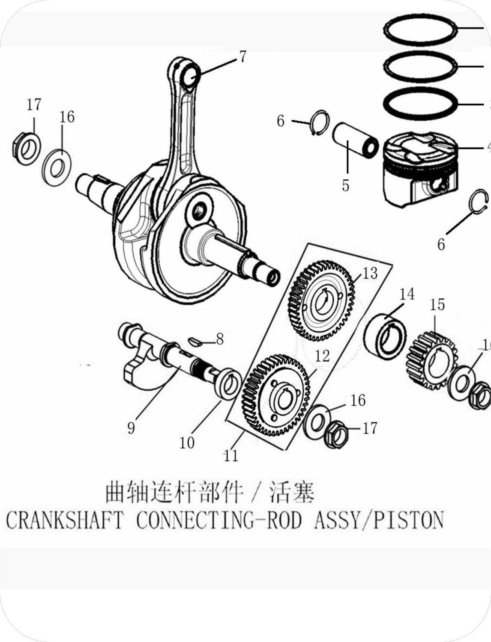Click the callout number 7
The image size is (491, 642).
pyautogui.click(x=243, y=56)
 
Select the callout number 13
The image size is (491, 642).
pyautogui.click(x=370, y=273)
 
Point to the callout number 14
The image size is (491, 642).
pyautogui.click(x=407, y=294)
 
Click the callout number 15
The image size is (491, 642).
pyautogui.click(x=437, y=305)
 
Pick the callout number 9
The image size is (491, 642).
pyautogui.click(x=131, y=427)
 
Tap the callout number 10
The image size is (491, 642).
pyautogui.click(x=187, y=443)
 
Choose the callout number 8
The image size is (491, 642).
pyautogui.click(x=219, y=339)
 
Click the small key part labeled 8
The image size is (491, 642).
pyautogui.click(x=195, y=341)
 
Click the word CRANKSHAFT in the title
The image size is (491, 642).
pyautogui.click(x=64, y=520)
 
